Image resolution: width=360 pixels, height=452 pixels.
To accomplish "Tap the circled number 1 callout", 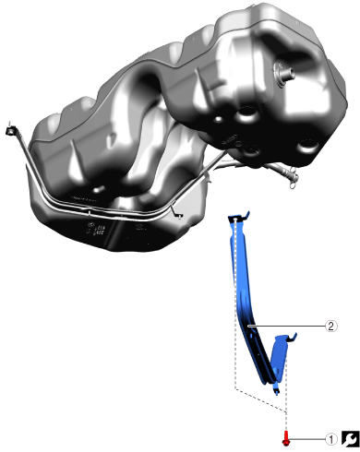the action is pos(331,440).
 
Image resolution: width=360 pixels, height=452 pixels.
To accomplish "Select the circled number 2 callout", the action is pos(331,326).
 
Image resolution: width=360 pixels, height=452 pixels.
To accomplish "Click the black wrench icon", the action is pos(350,439).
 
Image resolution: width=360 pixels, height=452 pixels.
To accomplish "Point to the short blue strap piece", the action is pos(279,357).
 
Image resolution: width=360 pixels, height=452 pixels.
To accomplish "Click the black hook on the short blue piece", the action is pos(293,338).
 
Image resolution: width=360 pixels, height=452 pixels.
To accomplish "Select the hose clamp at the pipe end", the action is pos(293,178).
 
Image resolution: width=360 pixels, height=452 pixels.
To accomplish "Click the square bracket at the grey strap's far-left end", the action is pos(10,131).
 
